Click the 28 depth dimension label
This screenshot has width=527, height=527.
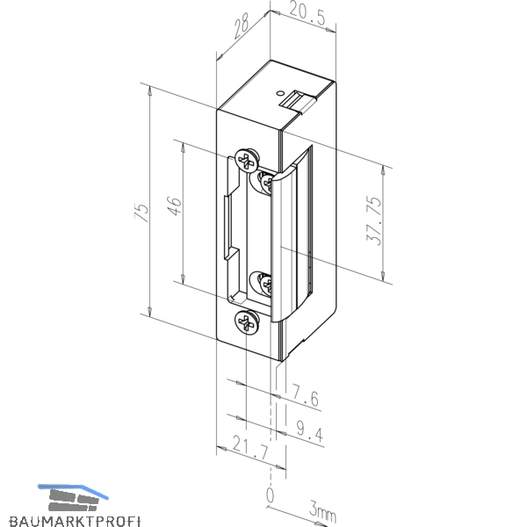pyautogui.click(x=242, y=25)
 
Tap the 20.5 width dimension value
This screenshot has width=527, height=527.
pyautogui.click(x=307, y=14)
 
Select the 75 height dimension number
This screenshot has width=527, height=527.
pyautogui.click(x=141, y=212)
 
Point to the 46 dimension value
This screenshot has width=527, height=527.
pyautogui.click(x=174, y=206)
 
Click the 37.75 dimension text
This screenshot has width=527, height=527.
pyautogui.click(x=374, y=220)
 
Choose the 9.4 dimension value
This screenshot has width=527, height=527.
pyautogui.click(x=310, y=430)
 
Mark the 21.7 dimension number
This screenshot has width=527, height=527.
pyautogui.click(x=250, y=448)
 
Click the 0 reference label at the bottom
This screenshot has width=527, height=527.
pyautogui.click(x=270, y=495)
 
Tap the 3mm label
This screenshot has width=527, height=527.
pyautogui.click(x=322, y=511)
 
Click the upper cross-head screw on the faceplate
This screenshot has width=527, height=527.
pyautogui.click(x=248, y=160)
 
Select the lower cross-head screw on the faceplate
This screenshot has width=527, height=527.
pyautogui.click(x=247, y=322)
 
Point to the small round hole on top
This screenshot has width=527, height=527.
pyautogui.click(x=279, y=92)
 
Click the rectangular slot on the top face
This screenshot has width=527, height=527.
pyautogui.click(x=297, y=101)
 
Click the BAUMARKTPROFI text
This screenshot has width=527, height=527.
pyautogui.click(x=75, y=521)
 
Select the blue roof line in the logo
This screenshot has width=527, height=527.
pyautogui.click(x=73, y=490)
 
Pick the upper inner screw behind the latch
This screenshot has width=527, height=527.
pyautogui.click(x=263, y=183)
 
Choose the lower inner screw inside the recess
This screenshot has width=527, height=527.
pyautogui.click(x=263, y=285)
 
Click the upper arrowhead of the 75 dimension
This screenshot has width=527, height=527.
pyautogui.click(x=150, y=91)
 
